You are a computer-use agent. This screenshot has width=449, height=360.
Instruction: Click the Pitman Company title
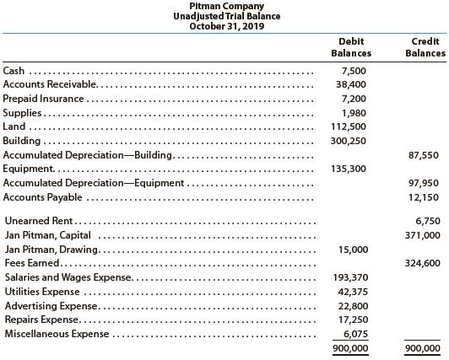click(224, 6)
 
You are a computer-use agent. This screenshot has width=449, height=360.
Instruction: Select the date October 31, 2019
click(224, 25)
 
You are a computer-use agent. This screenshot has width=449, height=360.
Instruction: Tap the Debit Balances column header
click(351, 47)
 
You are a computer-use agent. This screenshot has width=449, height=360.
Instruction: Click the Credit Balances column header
click(425, 47)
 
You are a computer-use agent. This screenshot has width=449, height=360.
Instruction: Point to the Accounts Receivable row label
click(50, 85)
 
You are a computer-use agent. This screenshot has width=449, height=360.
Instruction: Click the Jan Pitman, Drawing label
click(51, 250)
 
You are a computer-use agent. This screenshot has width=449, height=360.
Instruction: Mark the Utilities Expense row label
click(42, 292)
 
